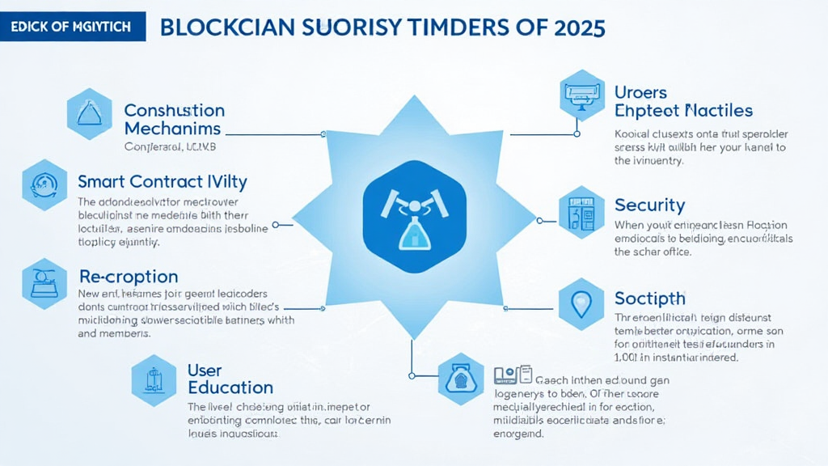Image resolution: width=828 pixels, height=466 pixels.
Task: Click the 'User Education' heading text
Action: pyautogui.click(x=230, y=379)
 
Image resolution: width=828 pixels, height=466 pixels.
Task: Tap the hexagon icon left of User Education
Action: pyautogui.click(x=153, y=378)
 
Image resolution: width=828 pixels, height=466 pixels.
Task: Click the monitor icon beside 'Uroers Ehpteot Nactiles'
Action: pyautogui.click(x=581, y=95)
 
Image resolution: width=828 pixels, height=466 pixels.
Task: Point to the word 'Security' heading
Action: pyautogui.click(x=649, y=205)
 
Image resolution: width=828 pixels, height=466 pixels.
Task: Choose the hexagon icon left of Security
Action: pyautogui.click(x=581, y=210)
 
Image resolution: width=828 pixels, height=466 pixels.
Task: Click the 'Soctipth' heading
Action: pyautogui.click(x=650, y=298)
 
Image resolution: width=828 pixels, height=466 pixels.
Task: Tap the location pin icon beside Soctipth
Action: pyautogui.click(x=581, y=304)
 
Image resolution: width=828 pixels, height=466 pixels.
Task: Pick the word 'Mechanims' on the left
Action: pyautogui.click(x=172, y=129)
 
